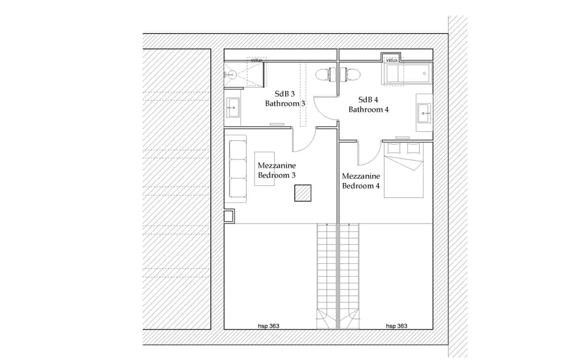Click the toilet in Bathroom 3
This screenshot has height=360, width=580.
tap(326, 74)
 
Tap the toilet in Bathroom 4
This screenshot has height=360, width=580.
tap(351, 74)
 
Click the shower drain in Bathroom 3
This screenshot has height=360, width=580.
tap(231, 76)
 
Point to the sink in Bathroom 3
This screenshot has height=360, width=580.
tap(233, 109)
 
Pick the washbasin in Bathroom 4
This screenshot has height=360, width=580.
tap(424, 111)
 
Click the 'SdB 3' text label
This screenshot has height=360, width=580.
tap(285, 94)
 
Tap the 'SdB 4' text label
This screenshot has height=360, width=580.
tap(368, 100)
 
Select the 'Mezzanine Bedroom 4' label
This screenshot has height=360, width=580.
tap(361, 181)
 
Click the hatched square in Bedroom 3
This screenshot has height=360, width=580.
tap(303, 193)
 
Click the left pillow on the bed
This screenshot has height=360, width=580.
tap(394, 149)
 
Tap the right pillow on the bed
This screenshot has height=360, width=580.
tap(414, 149)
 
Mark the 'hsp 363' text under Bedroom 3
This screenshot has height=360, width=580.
tap(268, 326)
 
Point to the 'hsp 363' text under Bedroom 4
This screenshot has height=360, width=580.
tap(396, 326)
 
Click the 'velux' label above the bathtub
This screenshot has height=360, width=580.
tap(391, 60)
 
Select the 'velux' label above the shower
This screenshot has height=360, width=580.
tap(256, 60)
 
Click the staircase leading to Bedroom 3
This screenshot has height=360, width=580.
tap(327, 272)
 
